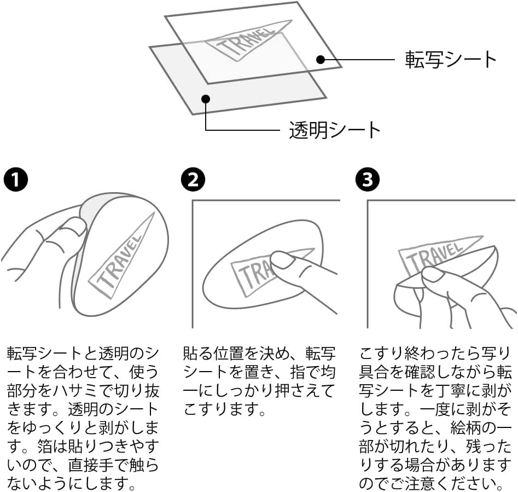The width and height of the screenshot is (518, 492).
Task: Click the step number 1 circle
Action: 16,180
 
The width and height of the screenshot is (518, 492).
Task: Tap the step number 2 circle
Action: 193,180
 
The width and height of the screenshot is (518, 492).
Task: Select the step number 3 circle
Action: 368,180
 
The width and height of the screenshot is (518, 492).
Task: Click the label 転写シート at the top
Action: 451,60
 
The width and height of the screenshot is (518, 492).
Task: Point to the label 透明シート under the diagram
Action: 335,130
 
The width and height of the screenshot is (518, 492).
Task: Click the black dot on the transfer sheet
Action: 320,60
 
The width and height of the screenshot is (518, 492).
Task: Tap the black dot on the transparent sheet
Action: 206,99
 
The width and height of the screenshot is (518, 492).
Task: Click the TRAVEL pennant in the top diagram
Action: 248,41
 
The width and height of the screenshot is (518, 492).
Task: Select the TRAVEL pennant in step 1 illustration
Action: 121,256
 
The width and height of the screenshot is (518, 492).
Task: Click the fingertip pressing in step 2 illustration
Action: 282,260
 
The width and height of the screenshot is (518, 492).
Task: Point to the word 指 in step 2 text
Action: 298,372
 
